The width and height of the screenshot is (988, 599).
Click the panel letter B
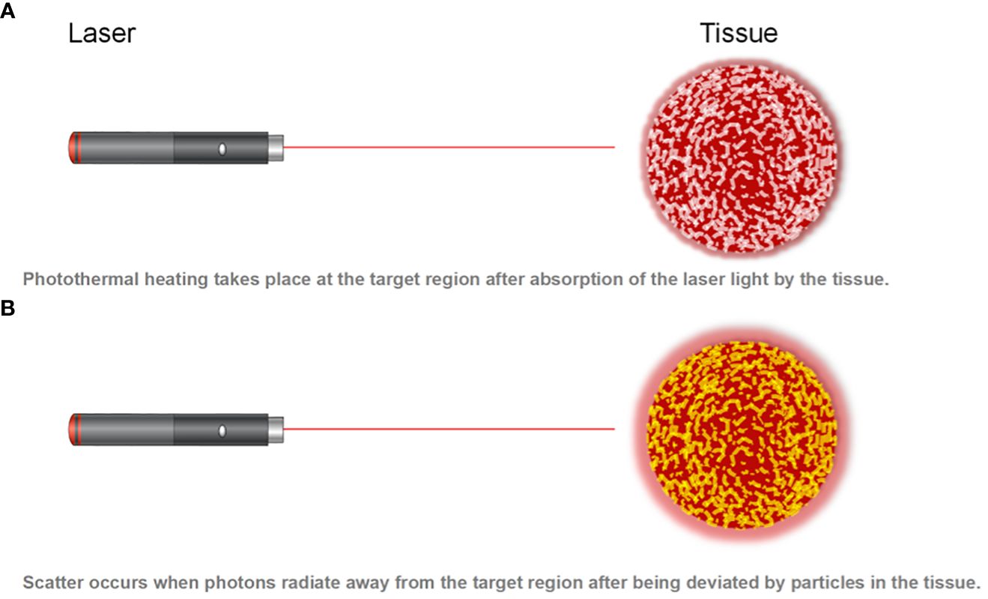point(7,308)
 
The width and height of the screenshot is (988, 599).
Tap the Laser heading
point(102,33)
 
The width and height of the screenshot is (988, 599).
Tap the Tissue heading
point(739,33)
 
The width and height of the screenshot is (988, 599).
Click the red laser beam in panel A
point(449,147)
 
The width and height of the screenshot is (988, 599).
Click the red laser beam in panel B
point(449,429)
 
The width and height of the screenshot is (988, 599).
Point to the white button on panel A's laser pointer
point(222,149)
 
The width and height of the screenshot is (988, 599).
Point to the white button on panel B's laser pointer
point(222,431)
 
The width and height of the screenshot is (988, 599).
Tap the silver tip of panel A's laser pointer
point(276,148)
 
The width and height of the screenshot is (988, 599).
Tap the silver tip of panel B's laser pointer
point(276,430)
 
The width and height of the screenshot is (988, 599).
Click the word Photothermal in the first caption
point(81,280)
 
